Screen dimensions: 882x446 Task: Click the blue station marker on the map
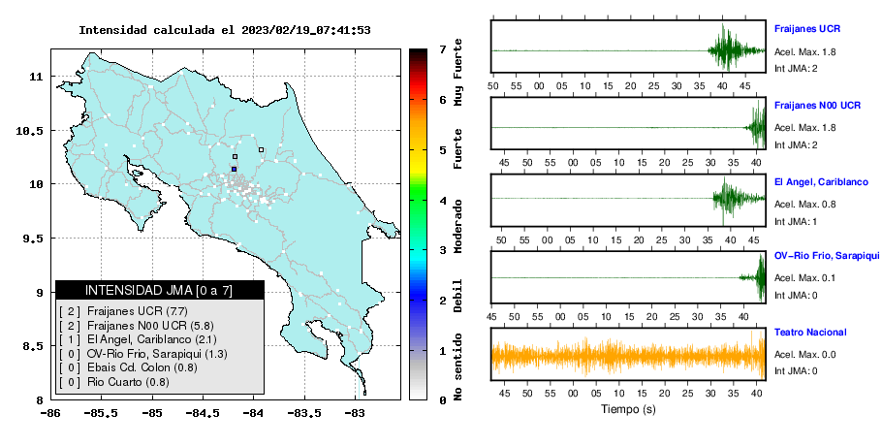pyautogui.click(x=234, y=169)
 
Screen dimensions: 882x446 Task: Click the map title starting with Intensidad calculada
pyautogui.click(x=225, y=30)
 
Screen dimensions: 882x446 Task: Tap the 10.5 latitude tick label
pyautogui.click(x=30, y=131)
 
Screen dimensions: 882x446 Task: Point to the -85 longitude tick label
pyautogui.click(x=152, y=414)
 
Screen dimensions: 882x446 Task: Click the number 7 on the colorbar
pyautogui.click(x=443, y=49)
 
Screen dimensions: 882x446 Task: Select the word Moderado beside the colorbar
pyautogui.click(x=457, y=226)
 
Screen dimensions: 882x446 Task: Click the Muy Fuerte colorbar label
pyautogui.click(x=457, y=72)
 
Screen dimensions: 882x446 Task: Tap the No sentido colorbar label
pyautogui.click(x=457, y=366)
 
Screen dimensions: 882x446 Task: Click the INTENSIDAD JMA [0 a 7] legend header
pyautogui.click(x=159, y=290)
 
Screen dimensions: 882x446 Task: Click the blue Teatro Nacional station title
pyautogui.click(x=810, y=333)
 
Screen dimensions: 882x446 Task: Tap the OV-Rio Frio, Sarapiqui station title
pyautogui.click(x=827, y=256)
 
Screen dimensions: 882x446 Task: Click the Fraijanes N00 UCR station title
pyautogui.click(x=817, y=105)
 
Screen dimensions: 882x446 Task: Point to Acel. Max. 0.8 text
pyautogui.click(x=804, y=205)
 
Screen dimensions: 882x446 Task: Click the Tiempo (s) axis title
pyautogui.click(x=628, y=409)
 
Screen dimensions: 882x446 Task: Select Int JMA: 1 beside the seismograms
pyautogui.click(x=796, y=222)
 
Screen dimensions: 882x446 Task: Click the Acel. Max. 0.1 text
pyautogui.click(x=804, y=278)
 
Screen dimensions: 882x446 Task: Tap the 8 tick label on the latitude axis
pyautogui.click(x=40, y=400)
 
